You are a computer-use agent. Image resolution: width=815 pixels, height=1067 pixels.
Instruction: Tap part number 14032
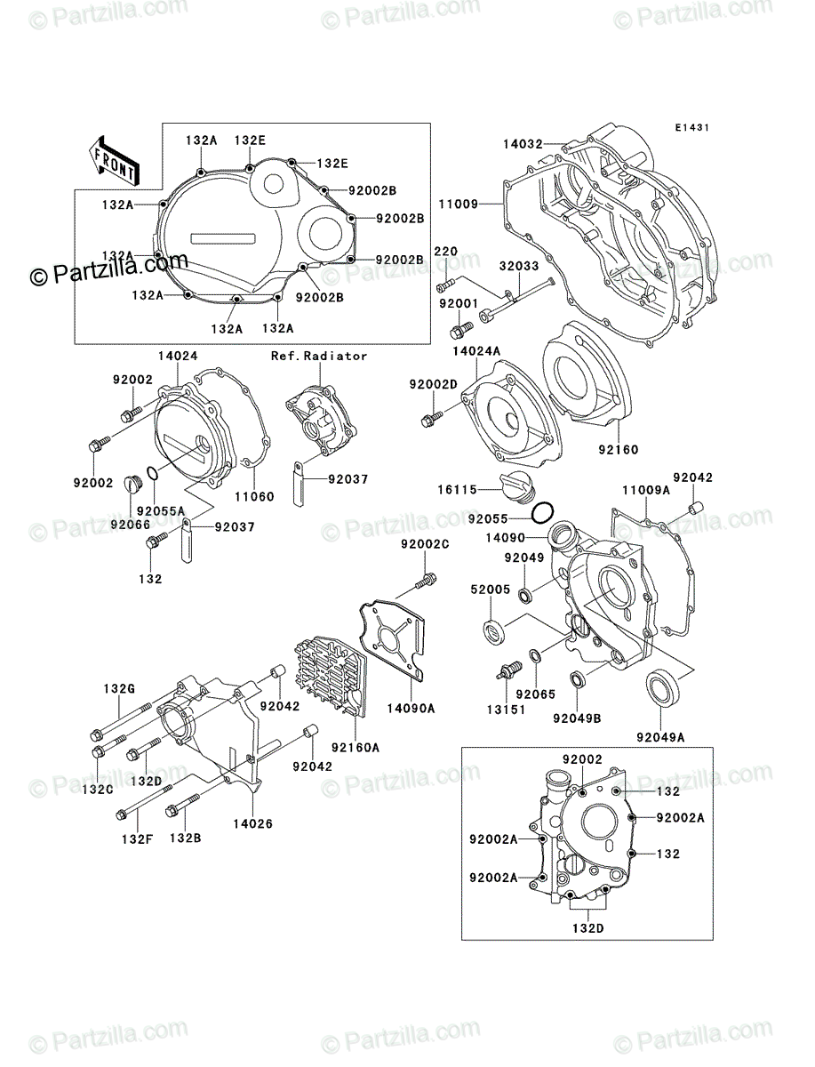[x=522, y=142]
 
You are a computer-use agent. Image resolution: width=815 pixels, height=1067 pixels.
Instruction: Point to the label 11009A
[x=645, y=490]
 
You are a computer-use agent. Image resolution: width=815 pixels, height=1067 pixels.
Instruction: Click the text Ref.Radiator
[x=319, y=356]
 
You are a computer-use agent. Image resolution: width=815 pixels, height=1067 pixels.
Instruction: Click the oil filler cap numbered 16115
[x=518, y=486]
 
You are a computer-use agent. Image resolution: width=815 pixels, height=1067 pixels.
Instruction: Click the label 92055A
[x=166, y=511]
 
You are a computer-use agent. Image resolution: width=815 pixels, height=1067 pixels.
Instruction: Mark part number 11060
[x=254, y=496]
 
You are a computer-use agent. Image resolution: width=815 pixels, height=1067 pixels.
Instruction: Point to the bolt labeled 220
[x=445, y=285]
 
